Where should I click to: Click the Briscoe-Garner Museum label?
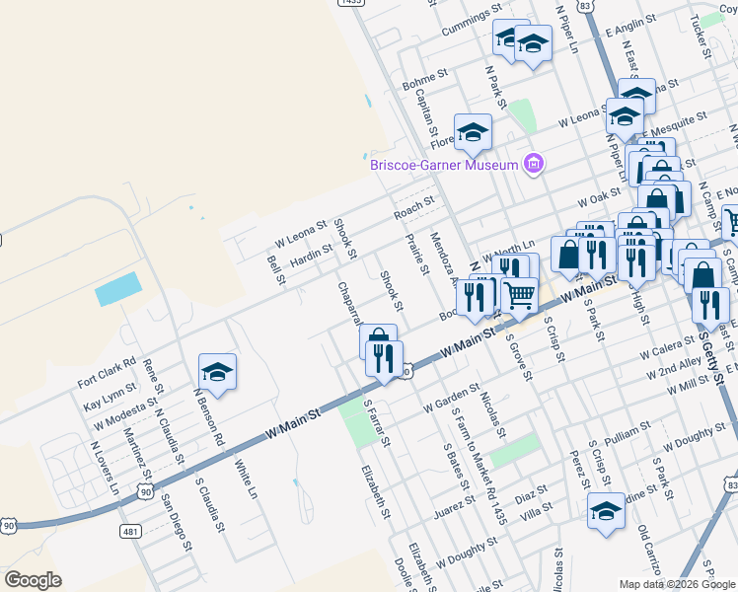point(443,165)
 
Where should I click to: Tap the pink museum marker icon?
point(534,163)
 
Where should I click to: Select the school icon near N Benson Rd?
point(217,373)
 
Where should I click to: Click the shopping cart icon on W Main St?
point(519,294)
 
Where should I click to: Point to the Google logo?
point(33,579)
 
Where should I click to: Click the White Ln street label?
point(246,479)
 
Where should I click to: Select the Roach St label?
point(413,207)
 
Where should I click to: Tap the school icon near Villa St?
point(607,511)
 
